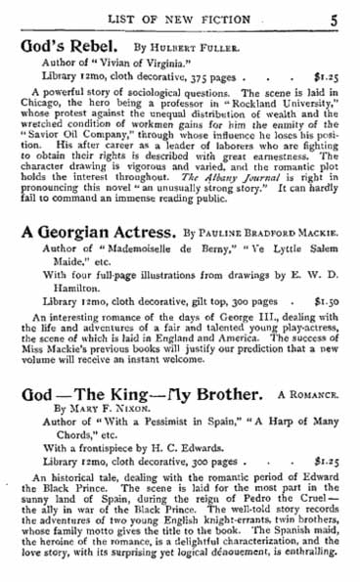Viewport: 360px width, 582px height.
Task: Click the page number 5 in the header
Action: [x=334, y=14]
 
